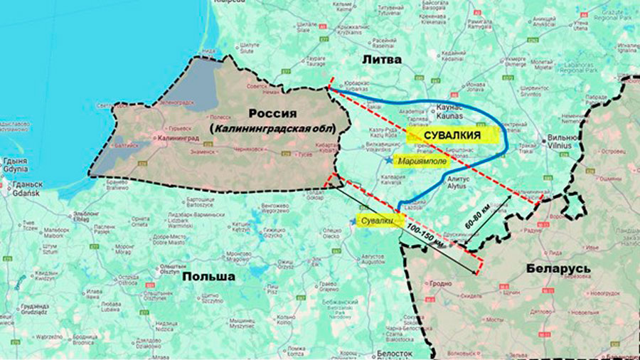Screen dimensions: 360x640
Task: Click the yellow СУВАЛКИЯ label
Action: pyautogui.click(x=451, y=135)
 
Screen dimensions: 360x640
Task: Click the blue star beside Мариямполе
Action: pyautogui.click(x=388, y=161)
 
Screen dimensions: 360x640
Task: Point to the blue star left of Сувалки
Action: pyautogui.click(x=353, y=222)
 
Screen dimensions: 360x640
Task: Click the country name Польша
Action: pyautogui.click(x=208, y=276)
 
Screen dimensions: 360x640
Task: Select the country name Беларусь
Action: pyautogui.click(x=560, y=268)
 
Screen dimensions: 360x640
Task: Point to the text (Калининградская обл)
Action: pyautogui.click(x=270, y=127)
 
